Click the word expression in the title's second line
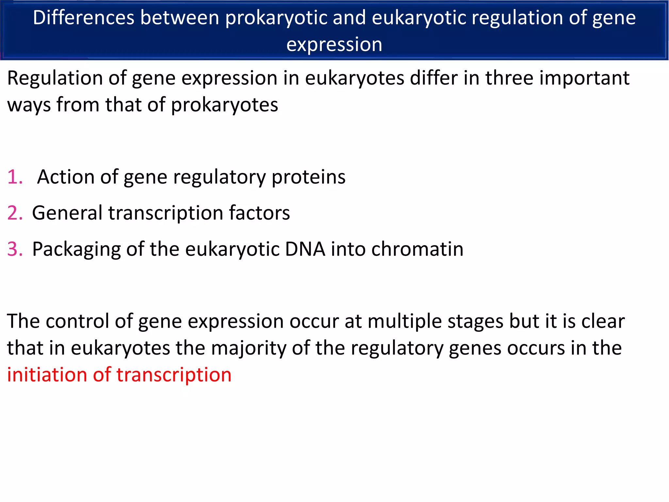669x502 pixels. [x=334, y=44]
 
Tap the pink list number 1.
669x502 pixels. [x=15, y=177]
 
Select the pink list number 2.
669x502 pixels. [x=15, y=213]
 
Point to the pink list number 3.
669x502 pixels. [x=15, y=249]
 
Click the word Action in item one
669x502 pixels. [x=66, y=177]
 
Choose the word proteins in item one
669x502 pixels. [x=308, y=177]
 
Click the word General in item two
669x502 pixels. [x=67, y=213]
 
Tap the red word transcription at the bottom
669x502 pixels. [x=174, y=376]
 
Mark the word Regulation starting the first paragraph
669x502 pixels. [x=55, y=79]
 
